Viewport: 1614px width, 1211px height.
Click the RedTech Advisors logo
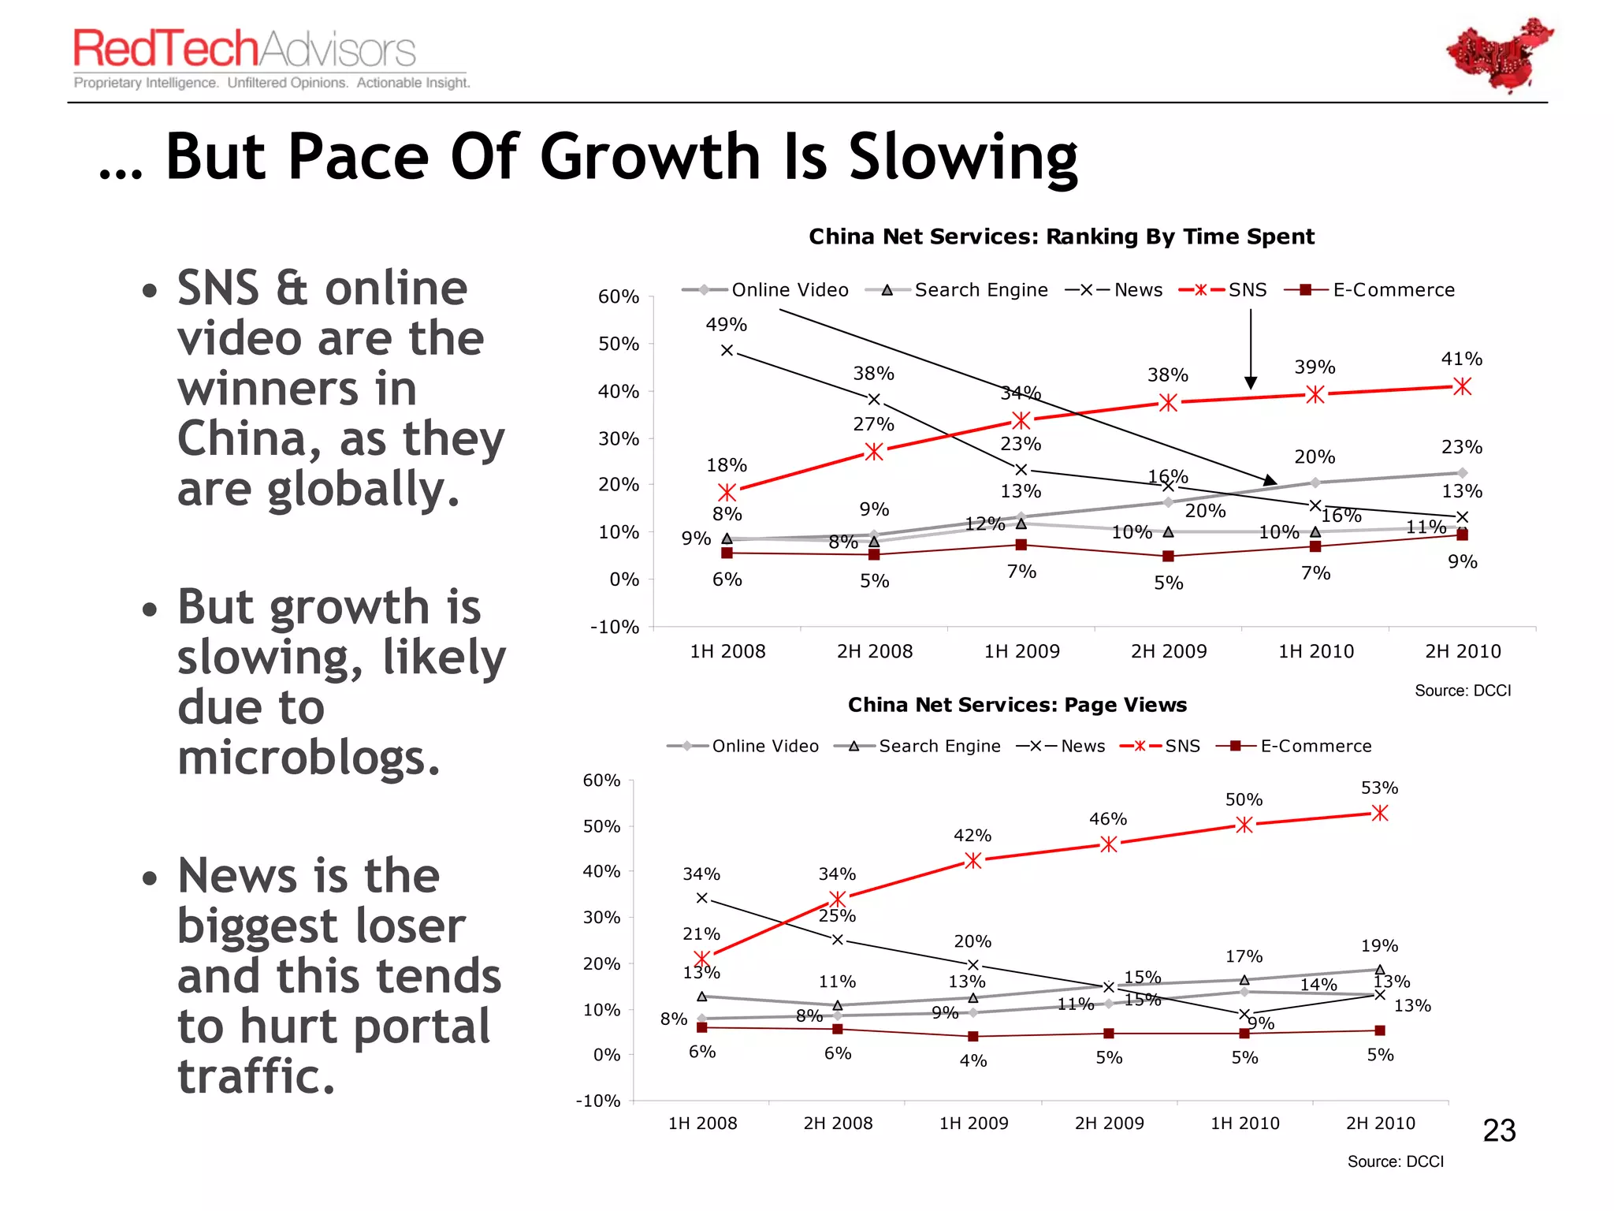244,50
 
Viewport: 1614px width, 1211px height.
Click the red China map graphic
1498,55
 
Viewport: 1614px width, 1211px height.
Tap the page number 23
1499,1131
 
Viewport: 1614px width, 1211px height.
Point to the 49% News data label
726,324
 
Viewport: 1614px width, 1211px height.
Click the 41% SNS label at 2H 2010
1461,359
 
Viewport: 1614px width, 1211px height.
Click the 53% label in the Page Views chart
1379,788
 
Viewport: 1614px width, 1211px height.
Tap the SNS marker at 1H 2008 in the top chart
727,493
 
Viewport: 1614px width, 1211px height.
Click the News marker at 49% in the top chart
727,350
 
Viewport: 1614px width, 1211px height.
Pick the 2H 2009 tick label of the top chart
1168,651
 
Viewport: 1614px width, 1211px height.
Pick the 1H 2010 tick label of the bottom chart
1244,1123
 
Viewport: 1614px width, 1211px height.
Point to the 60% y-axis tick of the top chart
619,296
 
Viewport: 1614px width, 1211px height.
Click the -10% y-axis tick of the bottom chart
598,1101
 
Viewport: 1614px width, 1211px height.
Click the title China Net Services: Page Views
1017,705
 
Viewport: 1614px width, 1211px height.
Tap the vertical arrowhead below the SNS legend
1251,382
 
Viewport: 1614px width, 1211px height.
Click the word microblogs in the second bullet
308,758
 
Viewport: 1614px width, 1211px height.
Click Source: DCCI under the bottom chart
1395,1161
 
